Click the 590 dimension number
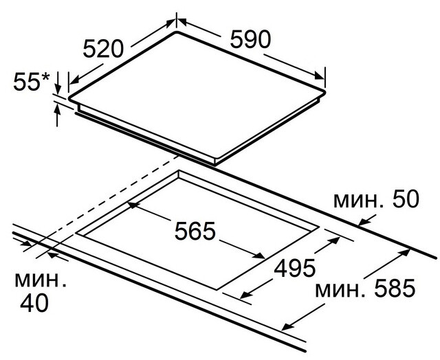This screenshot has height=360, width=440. (x=250, y=40)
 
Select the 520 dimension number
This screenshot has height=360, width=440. (x=103, y=49)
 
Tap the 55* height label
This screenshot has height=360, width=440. (x=31, y=82)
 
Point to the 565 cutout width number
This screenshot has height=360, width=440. (x=195, y=231)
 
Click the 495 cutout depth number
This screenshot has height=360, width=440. (x=295, y=268)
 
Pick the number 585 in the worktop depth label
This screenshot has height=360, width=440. (x=395, y=288)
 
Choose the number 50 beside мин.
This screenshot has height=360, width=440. (x=406, y=199)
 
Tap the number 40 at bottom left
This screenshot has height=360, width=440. (x=34, y=303)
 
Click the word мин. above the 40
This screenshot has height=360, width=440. (x=41, y=280)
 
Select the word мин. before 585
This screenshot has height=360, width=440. (x=340, y=290)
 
